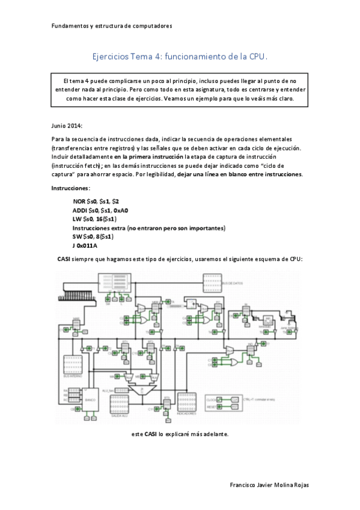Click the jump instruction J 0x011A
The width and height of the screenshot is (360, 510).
[85, 246]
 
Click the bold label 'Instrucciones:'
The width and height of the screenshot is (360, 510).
[71, 188]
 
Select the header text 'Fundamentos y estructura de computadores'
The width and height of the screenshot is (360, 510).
[112, 26]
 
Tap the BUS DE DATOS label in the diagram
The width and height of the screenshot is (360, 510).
[231, 281]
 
